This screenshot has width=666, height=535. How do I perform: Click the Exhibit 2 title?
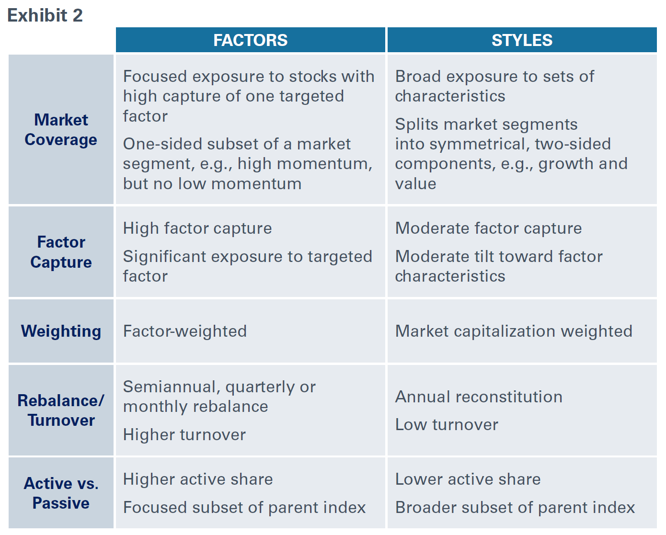point(45,15)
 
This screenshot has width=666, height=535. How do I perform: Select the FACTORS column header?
point(250,40)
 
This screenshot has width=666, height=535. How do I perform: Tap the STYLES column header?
point(522,40)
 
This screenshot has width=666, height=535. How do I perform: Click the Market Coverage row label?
point(61,130)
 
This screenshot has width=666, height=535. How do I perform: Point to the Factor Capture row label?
point(61,252)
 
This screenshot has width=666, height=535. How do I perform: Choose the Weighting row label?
point(61,331)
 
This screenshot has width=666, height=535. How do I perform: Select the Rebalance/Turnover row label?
point(61,410)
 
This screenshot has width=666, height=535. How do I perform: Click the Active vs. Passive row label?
point(61,493)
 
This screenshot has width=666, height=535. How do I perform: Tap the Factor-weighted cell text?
point(185,331)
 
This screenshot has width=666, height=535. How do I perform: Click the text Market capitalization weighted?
point(514,331)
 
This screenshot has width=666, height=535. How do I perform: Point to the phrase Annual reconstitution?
point(479,397)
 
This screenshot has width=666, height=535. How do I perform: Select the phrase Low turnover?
point(447,424)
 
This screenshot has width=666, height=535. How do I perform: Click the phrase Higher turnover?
point(184,434)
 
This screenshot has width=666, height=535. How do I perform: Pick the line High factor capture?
point(197,228)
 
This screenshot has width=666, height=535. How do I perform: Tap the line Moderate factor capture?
point(488,228)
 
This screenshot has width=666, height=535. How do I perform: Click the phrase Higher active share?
point(198,479)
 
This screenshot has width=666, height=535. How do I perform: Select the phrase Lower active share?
point(468,479)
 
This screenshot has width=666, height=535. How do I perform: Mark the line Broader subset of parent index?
point(515,507)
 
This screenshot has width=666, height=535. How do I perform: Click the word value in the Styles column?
point(415,184)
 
